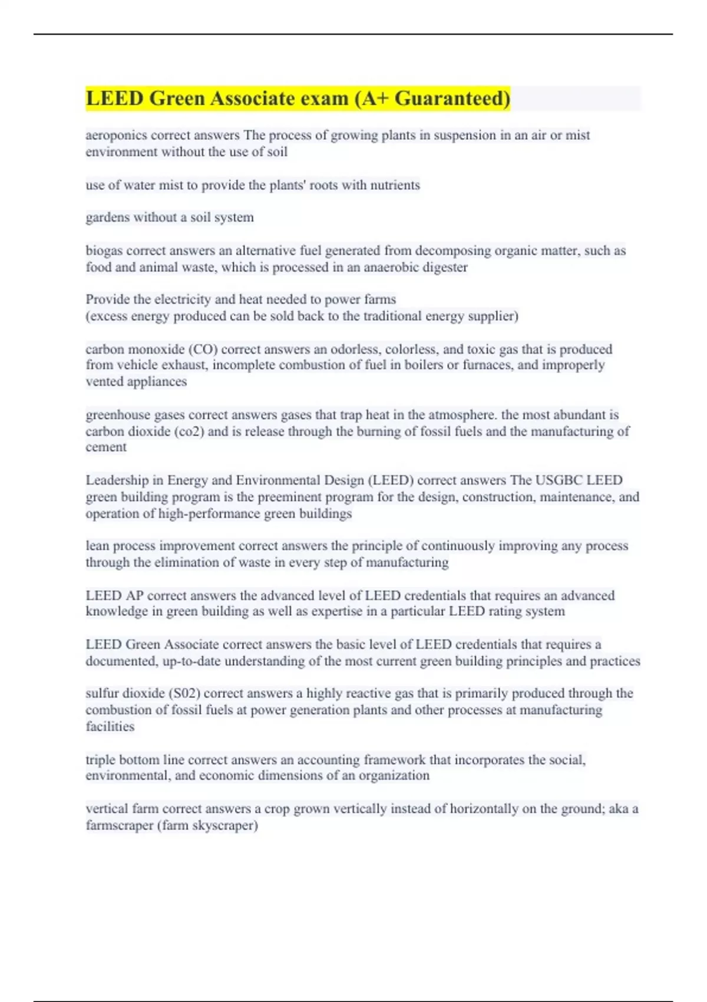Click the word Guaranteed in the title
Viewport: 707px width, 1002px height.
452,98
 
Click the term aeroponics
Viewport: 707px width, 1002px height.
116,136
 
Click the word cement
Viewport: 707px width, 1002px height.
106,447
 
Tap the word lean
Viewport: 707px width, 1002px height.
97,546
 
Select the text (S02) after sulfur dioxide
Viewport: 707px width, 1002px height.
184,694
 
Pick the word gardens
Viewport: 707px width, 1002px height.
107,217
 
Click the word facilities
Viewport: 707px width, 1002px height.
110,727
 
